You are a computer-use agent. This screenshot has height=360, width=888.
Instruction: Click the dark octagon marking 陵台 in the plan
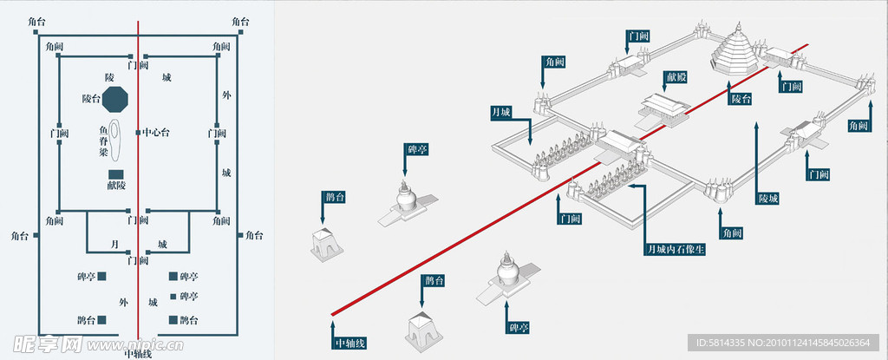point(115,99)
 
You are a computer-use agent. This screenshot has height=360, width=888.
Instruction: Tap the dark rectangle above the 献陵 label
point(115,174)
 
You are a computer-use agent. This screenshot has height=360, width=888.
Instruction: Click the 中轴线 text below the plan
point(138,353)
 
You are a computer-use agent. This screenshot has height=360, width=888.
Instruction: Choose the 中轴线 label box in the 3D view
point(350,343)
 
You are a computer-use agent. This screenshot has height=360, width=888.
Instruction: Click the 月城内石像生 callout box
point(676,249)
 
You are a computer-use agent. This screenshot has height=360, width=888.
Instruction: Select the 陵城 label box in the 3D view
point(768,199)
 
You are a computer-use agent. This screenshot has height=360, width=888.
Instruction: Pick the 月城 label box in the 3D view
point(502,112)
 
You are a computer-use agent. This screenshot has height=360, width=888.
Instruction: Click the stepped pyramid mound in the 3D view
point(735,51)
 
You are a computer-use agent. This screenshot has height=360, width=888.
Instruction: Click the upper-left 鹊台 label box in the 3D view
point(335,198)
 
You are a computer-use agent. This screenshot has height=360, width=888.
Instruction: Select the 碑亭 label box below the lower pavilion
point(519,327)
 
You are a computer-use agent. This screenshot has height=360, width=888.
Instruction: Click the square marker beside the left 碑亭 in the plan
point(101,277)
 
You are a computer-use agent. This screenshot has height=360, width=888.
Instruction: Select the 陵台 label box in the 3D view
point(741,100)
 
